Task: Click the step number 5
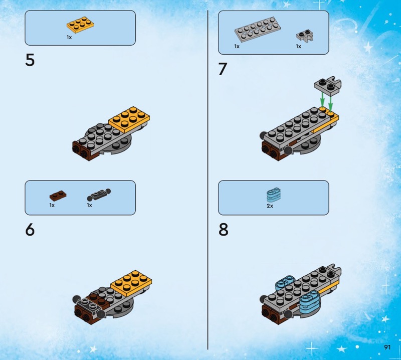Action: (30, 60)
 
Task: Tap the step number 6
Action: (30, 230)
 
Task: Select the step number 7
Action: (223, 69)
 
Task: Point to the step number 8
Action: (223, 230)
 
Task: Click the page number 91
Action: (387, 347)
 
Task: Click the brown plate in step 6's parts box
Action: (58, 196)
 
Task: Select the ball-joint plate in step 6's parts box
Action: (99, 195)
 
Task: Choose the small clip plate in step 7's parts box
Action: (305, 37)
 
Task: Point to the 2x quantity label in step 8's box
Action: (270, 206)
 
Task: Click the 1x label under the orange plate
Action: (69, 38)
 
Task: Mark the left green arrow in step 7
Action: (323, 100)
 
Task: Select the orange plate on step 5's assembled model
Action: (129, 119)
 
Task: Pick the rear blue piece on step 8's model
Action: (285, 283)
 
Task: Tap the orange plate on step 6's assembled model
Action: (131, 283)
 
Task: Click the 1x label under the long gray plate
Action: (237, 46)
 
